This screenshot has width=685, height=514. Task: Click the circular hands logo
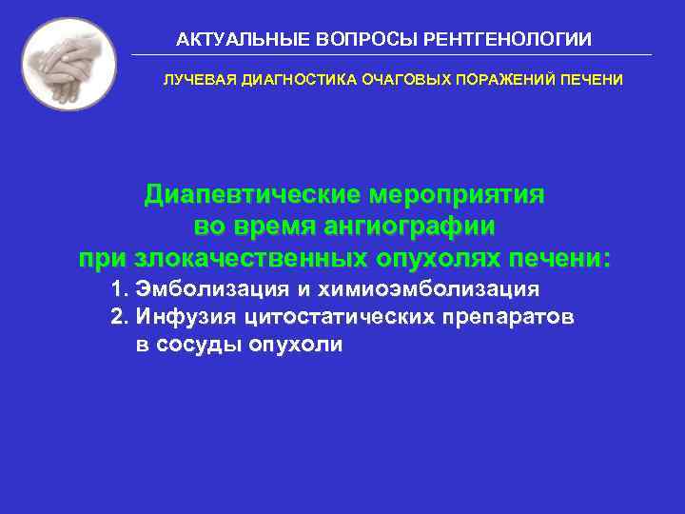(68, 64)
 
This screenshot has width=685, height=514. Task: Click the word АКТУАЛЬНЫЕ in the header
(230, 40)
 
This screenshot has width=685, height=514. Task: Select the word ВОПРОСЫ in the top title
(358, 40)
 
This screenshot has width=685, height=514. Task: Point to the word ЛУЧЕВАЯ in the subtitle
(201, 80)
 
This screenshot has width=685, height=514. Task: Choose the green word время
(274, 227)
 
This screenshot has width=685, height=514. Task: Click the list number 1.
(118, 288)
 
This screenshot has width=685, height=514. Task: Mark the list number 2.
(118, 316)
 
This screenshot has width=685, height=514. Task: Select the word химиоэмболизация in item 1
(443, 288)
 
